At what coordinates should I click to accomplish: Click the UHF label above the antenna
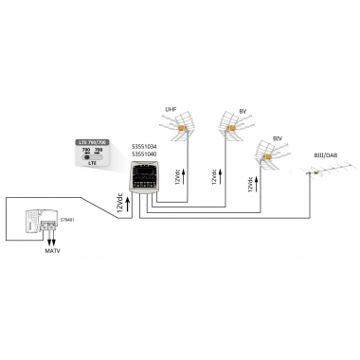click(171, 109)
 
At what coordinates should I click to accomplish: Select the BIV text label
click(277, 137)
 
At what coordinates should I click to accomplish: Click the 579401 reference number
click(65, 220)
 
